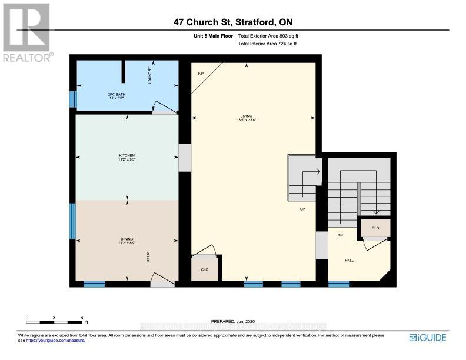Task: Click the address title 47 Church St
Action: tap(233, 22)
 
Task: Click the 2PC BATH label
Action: tap(116, 95)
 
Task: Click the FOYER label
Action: tap(148, 258)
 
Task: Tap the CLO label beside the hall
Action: tap(375, 228)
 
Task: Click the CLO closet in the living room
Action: tap(205, 270)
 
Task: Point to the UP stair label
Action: tap(302, 209)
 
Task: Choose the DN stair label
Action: tap(339, 235)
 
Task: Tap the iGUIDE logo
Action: tap(428, 337)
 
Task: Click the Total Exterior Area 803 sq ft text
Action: tap(272, 36)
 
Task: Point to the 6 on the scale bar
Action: tap(82, 317)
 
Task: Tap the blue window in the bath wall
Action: tap(73, 99)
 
